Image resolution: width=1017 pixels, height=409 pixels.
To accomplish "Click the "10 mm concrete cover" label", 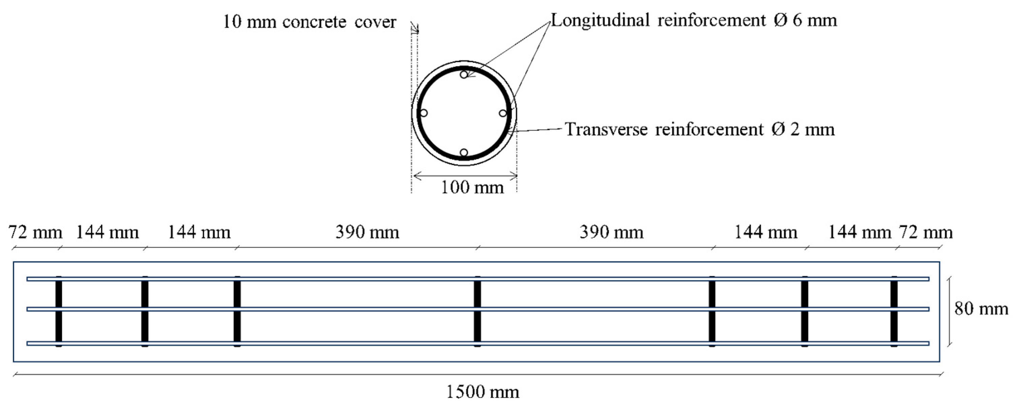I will [309, 22].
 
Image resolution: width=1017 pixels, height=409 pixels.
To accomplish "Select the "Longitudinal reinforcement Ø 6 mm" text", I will [694, 20].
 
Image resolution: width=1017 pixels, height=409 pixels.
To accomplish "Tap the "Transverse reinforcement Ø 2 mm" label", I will [700, 129].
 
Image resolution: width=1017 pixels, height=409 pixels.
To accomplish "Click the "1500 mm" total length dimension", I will [482, 392].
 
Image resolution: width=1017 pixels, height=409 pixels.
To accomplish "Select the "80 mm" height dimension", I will [981, 308].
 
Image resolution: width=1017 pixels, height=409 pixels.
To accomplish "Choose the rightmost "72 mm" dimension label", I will [926, 232].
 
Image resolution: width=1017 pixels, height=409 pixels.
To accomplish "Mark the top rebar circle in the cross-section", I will [464, 74].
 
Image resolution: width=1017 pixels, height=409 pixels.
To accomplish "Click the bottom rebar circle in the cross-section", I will [464, 153].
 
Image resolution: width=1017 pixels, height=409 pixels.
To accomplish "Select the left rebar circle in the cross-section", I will [423, 113].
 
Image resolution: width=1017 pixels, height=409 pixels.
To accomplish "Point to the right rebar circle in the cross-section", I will [503, 113].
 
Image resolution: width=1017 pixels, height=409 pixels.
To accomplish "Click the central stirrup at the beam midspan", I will [477, 311].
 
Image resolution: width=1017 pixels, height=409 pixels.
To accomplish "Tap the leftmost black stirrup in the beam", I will [59, 311].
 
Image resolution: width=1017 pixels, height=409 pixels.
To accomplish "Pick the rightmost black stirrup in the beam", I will [894, 311].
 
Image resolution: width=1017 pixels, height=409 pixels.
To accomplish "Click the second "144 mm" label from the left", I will [199, 232].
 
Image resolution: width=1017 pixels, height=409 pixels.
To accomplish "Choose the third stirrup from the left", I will [237, 311].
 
